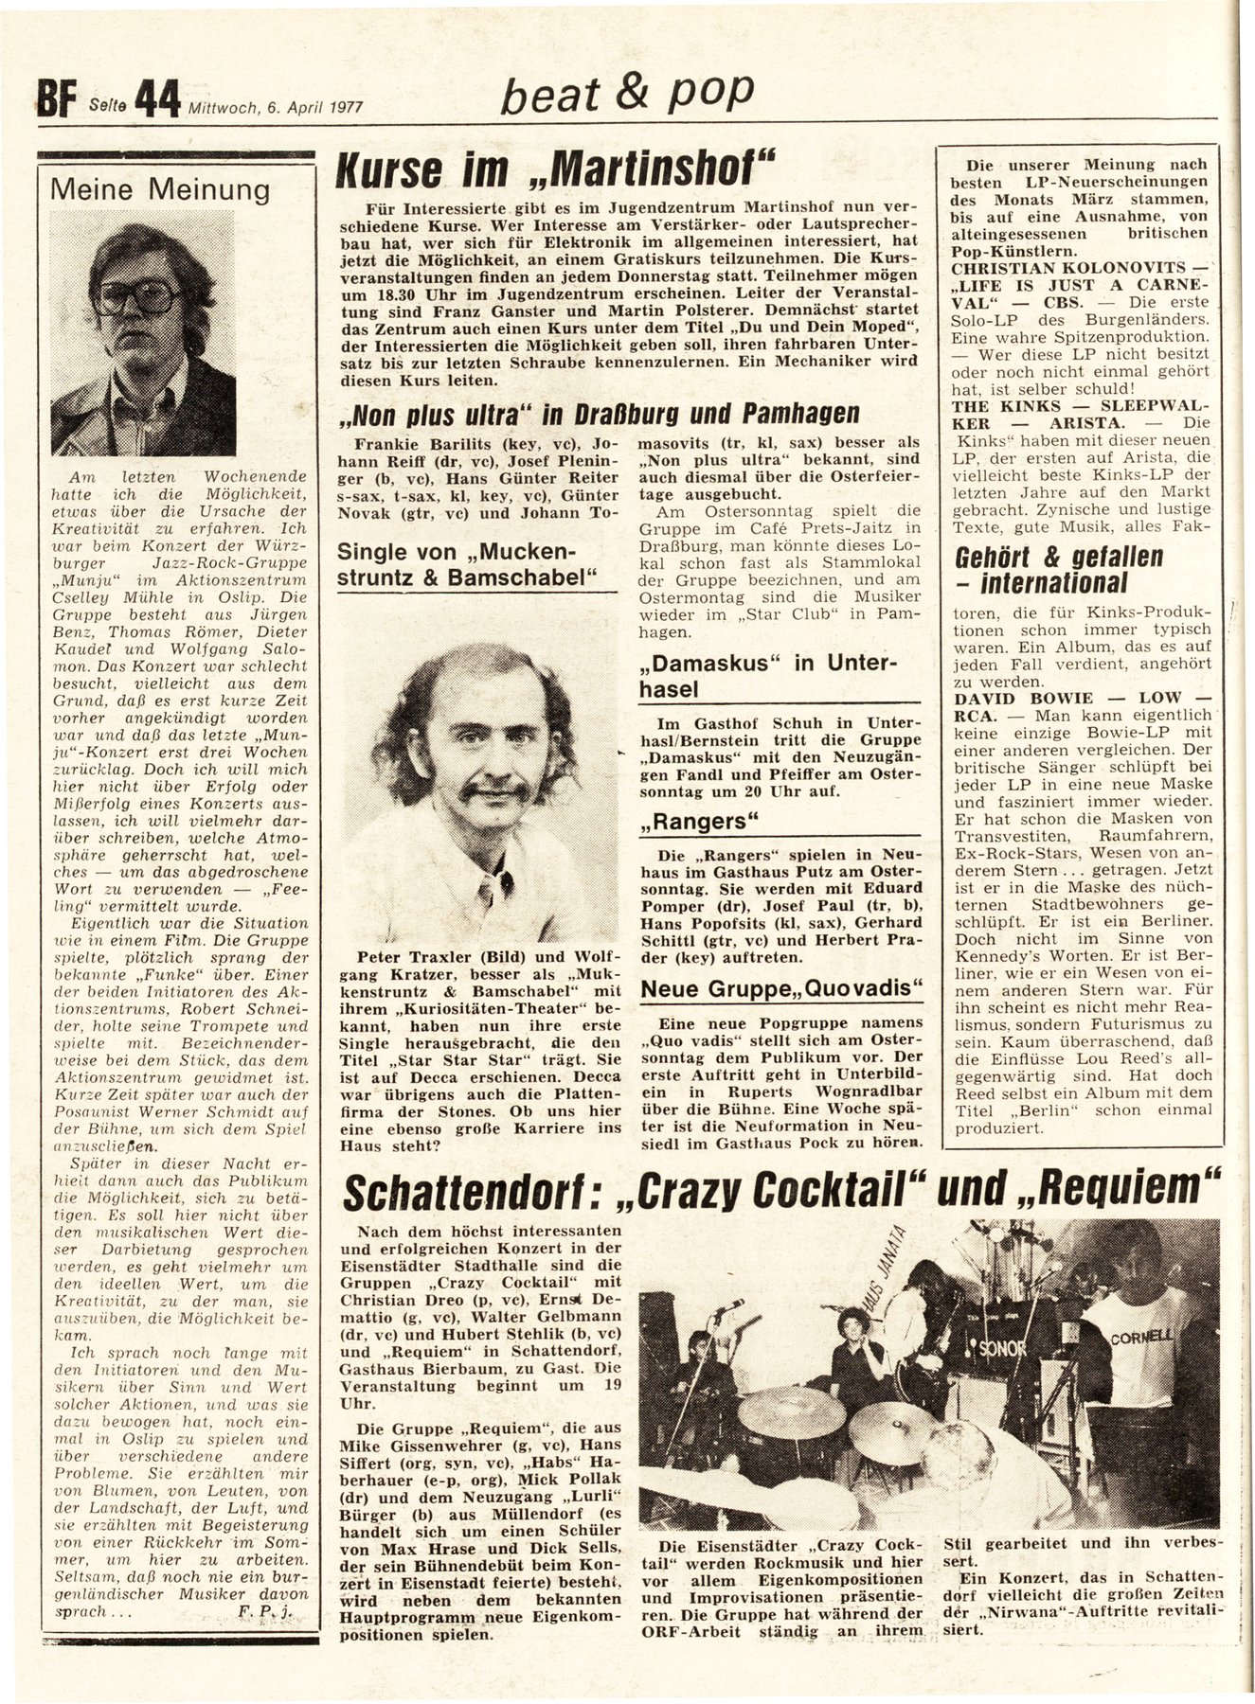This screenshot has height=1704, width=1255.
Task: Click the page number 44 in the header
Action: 156,98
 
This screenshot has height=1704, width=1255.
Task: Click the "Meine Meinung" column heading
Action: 159,189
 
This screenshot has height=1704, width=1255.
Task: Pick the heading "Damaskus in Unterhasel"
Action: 765,675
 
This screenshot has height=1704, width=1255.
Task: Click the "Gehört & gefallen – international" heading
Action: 1058,569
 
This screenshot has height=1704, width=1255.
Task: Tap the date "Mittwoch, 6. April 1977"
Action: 277,107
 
